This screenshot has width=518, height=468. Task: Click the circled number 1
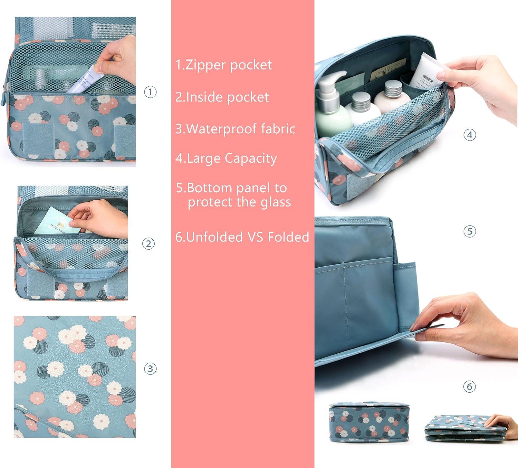(150, 92)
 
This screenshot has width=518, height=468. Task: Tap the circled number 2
(148, 243)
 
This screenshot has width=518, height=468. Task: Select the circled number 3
(150, 369)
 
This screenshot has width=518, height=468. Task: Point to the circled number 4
(470, 135)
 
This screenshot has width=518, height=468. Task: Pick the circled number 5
(470, 231)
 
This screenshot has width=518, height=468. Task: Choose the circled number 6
(469, 386)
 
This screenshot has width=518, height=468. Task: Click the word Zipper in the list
(206, 65)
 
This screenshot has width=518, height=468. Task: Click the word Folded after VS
(288, 237)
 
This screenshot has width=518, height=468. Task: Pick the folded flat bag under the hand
(465, 428)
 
